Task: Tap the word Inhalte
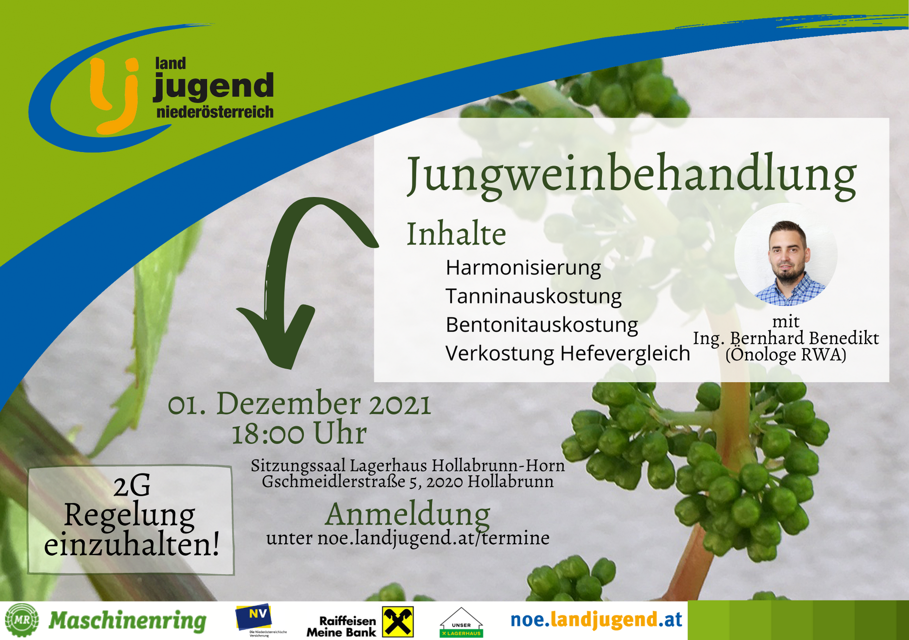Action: coord(456,234)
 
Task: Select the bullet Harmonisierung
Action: coord(523,268)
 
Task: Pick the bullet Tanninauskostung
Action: coord(534,296)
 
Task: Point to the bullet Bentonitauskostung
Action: coord(542,325)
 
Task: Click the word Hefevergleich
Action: coord(625,353)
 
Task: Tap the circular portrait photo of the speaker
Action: coord(786,254)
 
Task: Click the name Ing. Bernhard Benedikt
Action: coord(786,338)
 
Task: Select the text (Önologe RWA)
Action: coord(786,354)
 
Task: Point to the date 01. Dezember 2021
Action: coord(300,403)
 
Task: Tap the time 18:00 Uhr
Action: coord(300,433)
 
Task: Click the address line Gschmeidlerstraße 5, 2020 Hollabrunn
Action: coord(408,481)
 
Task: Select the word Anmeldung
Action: coord(408,514)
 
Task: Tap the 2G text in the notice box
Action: coord(132,486)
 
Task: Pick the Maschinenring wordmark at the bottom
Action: coord(127,621)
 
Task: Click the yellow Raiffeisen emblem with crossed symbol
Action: coord(398,622)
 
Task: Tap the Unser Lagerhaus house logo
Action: coord(461,623)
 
